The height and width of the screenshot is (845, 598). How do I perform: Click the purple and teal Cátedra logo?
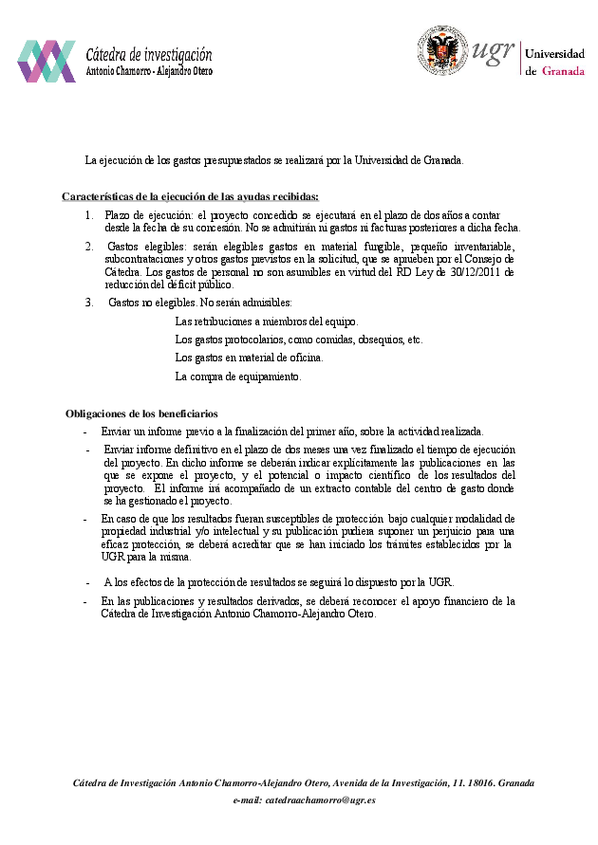pyautogui.click(x=46, y=61)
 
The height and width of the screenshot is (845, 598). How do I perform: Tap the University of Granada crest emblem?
pyautogui.click(x=443, y=51)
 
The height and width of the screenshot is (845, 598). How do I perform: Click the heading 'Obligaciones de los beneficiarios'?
pyautogui.click(x=141, y=413)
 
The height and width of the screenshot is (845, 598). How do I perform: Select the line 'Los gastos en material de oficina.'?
pyautogui.click(x=249, y=358)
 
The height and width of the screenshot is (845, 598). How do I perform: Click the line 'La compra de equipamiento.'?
pyautogui.click(x=238, y=377)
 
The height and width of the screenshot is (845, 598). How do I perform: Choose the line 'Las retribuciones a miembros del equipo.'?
pyautogui.click(x=268, y=321)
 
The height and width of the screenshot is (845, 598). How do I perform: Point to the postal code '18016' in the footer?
pyautogui.click(x=478, y=782)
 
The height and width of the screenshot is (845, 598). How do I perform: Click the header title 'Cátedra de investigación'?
pyautogui.click(x=149, y=55)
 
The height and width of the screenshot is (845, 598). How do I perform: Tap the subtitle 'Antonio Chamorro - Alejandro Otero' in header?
pyautogui.click(x=149, y=71)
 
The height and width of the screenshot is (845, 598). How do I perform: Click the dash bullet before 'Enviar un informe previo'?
pyautogui.click(x=85, y=431)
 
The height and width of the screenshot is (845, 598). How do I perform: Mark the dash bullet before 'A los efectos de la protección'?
pyautogui.click(x=87, y=581)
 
